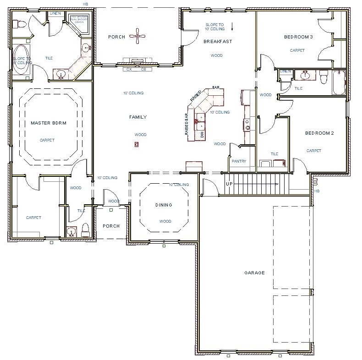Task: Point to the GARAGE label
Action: [x=254, y=273]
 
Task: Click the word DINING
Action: [x=164, y=205]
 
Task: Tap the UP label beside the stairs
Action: [x=229, y=184]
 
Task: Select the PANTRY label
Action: [x=239, y=161]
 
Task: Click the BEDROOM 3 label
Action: [x=298, y=37]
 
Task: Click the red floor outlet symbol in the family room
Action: [x=136, y=145]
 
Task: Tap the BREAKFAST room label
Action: [x=218, y=42]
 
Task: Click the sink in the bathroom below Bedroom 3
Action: [x=303, y=76]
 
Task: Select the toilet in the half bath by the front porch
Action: [x=84, y=229]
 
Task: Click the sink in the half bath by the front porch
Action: [x=70, y=232]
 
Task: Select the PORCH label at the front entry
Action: [x=111, y=226]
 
